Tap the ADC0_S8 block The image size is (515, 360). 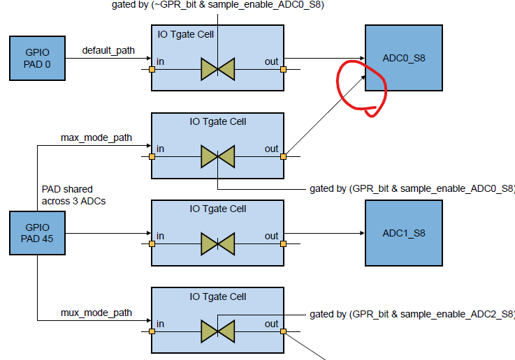click(403, 58)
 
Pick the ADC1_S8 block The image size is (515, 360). click(403, 232)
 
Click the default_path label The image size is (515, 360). click(108, 50)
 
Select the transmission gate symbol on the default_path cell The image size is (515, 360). click(218, 69)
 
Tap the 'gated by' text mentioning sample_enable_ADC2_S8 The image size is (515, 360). click(412, 314)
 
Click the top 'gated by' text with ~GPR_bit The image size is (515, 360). click(217, 6)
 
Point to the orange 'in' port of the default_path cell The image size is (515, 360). click(152, 69)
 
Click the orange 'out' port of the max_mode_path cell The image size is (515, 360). click(283, 156)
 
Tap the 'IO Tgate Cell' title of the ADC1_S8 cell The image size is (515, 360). click(218, 209)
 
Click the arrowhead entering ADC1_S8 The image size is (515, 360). click(361, 235)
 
